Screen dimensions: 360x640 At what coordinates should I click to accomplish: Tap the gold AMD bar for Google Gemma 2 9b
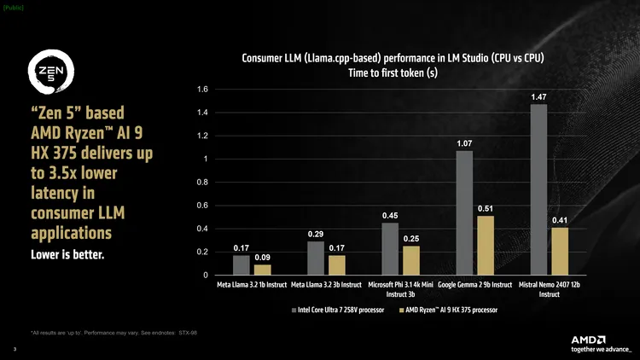pos(485,245)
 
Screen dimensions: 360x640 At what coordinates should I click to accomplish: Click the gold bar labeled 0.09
pos(263,270)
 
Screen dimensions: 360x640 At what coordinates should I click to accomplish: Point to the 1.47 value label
pos(538,97)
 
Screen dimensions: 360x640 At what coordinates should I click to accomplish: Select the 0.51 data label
pos(485,208)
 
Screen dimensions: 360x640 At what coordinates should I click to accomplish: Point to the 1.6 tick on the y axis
pos(202,90)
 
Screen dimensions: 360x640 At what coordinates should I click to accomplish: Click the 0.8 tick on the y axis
pos(202,183)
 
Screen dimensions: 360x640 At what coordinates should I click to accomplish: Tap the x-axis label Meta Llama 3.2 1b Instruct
pos(252,285)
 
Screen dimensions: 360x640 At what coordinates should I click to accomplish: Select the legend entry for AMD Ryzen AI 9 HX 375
pos(448,310)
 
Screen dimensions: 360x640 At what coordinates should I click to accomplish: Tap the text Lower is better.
pos(67,254)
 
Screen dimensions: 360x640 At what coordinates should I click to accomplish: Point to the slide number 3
pos(15,349)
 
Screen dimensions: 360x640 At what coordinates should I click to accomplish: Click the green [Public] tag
pos(14,8)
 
